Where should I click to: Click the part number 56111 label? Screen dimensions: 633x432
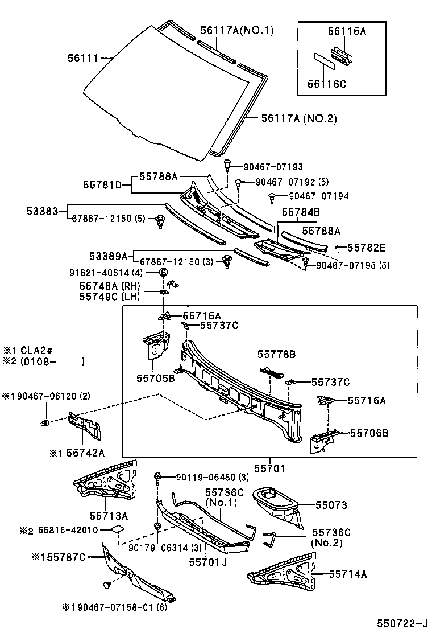pos(83,58)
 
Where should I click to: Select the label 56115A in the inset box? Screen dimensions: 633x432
pos(346,32)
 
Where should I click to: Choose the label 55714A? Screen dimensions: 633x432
pos(347,574)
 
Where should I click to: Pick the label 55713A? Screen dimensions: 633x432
pos(108,516)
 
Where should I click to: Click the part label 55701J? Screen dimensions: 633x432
pos(208,563)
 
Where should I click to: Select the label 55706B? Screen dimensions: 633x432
pos(369,433)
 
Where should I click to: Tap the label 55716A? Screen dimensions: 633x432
pos(367,401)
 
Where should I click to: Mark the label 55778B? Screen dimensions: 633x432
pos(276,354)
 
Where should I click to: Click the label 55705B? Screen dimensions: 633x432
pos(155,377)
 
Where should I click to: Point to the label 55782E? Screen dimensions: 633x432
pos(367,248)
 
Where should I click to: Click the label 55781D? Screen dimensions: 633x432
pos(102,184)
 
